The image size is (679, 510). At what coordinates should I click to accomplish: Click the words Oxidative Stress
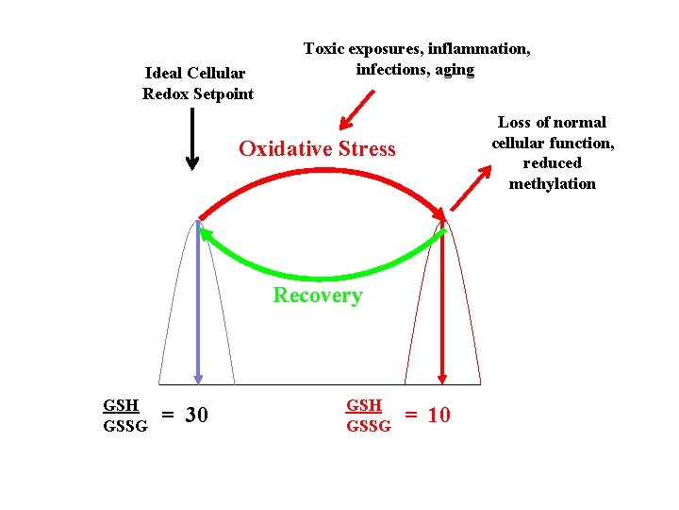pos(317,149)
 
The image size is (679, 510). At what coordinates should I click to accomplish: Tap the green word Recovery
pos(317,296)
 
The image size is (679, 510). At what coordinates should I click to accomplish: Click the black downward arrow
pos(192,138)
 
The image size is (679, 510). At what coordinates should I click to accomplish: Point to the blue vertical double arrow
pos(198,302)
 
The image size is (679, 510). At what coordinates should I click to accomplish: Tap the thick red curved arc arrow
pos(321,173)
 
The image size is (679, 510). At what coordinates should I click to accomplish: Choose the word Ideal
pos(164,73)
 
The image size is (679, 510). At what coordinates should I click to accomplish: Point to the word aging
pos(454,69)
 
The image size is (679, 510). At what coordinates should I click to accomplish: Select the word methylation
pos(553,183)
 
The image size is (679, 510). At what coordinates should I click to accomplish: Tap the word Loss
pos(513,122)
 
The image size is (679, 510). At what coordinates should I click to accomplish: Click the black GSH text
pos(121,405)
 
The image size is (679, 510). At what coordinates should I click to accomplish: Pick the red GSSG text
pos(369,426)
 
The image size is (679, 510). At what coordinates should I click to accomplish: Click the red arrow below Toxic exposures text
pos(357,107)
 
